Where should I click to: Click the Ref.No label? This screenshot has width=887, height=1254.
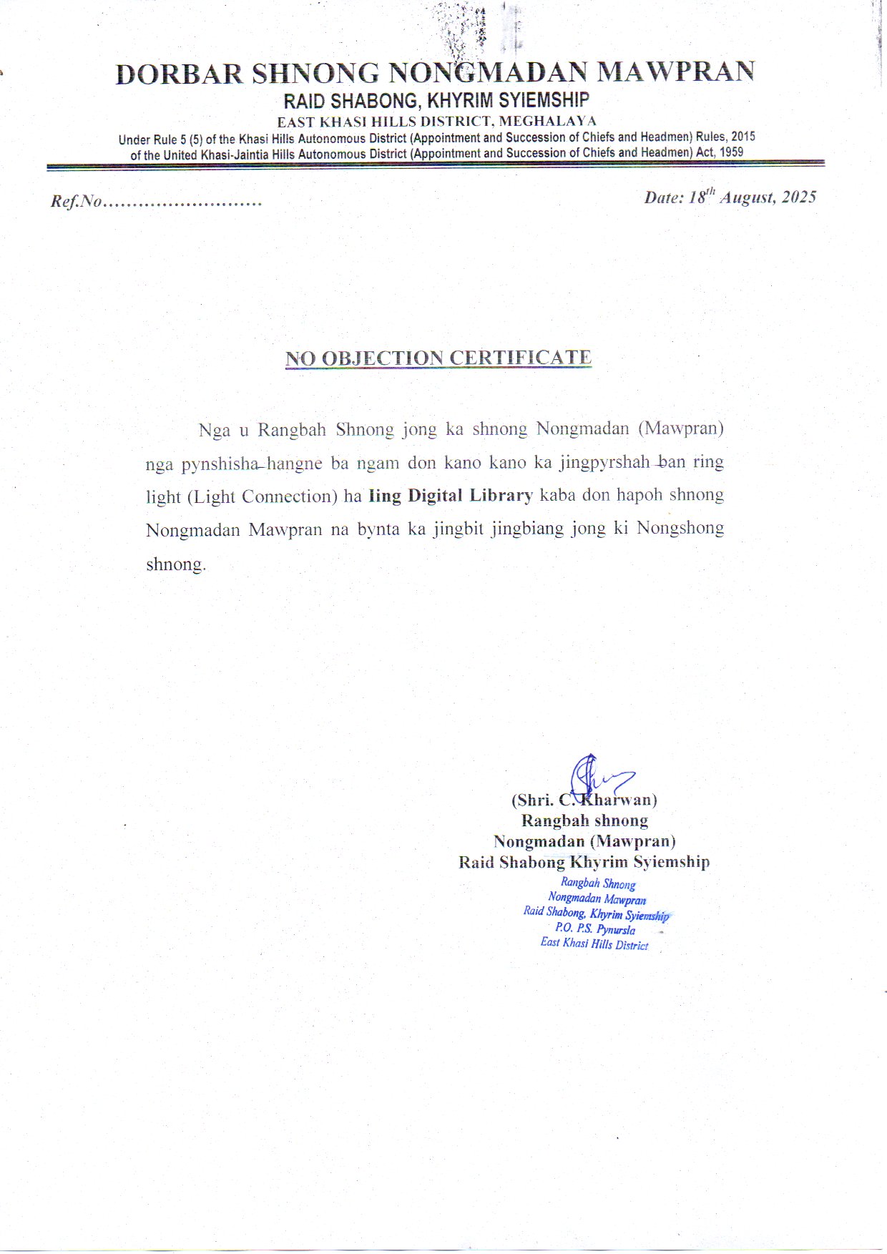click(77, 202)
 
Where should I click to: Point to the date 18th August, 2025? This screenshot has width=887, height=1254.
click(730, 197)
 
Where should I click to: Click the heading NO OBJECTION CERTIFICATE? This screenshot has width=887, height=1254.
click(438, 358)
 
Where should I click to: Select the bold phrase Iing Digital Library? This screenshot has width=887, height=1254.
click(451, 496)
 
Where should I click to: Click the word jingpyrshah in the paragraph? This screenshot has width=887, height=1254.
click(605, 462)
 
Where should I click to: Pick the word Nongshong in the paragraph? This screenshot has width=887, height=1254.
click(680, 529)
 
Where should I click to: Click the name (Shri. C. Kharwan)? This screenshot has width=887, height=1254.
click(584, 800)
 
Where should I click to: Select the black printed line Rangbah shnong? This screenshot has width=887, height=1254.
click(584, 821)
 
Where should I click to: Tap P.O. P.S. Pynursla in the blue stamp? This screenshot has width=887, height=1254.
click(594, 929)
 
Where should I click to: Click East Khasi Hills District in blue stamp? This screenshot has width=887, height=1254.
click(594, 944)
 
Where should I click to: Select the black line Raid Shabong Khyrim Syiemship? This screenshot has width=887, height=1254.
click(584, 862)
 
